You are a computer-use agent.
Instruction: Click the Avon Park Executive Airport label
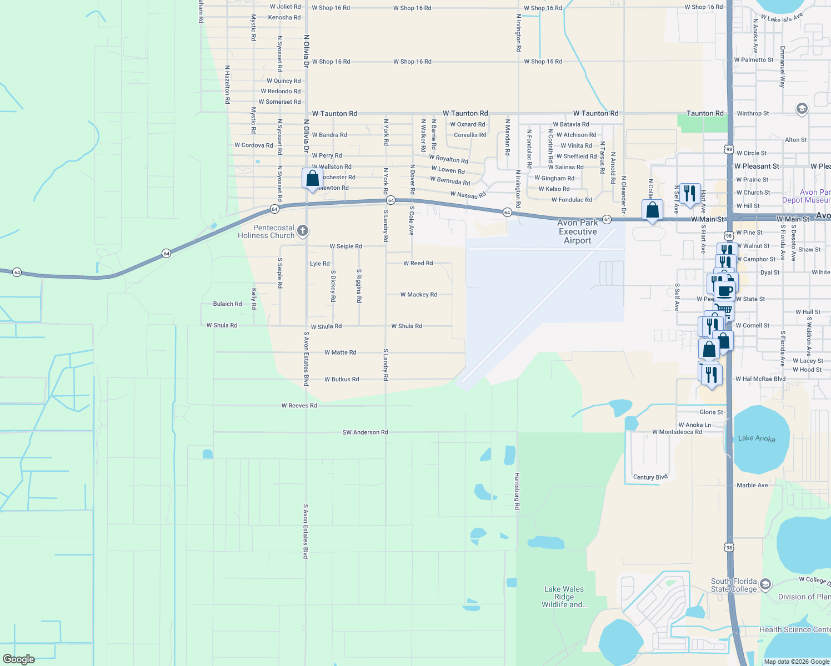pos(578,231)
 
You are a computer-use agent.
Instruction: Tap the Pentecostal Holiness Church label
pos(266,231)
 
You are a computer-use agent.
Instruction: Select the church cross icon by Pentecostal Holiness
pos(303,230)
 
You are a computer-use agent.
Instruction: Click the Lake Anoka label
pos(757,438)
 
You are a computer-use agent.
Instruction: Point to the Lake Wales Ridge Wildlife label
pos(564,597)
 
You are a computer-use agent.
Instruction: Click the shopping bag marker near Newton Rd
pos(312,179)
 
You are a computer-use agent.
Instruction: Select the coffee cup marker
pos(724,290)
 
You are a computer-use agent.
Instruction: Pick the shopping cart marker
pos(723,309)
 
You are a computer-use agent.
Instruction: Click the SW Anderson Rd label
pos(365,432)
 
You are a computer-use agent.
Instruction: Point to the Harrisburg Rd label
pos(517,491)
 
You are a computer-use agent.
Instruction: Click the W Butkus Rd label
pos(342,379)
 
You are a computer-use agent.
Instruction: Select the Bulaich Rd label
pos(227,304)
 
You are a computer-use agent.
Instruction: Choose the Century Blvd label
pos(650,477)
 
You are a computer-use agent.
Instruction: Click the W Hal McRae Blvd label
pos(760,379)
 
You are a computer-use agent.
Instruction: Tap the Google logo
pos(19,659)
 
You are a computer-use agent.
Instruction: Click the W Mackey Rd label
pos(418,295)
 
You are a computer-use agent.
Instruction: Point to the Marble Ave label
pos(752,485)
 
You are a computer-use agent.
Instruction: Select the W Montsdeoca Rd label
pos(677,432)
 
